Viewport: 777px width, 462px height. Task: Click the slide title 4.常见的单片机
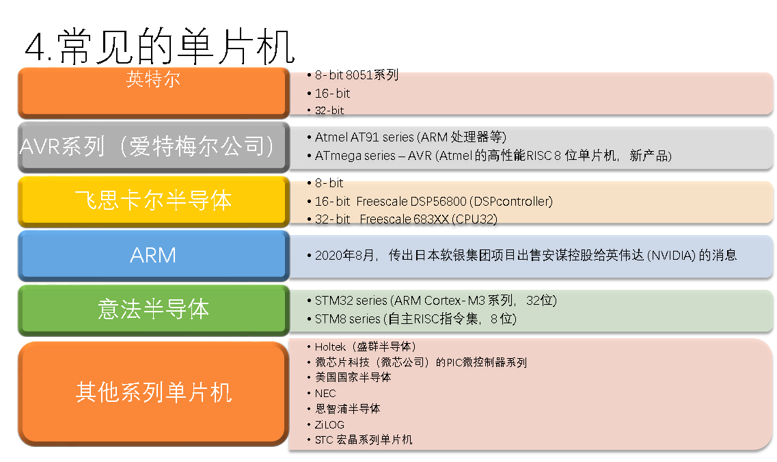[x=159, y=47]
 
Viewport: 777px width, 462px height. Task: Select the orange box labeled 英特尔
[x=154, y=93]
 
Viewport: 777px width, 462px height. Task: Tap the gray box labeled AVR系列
[x=154, y=147]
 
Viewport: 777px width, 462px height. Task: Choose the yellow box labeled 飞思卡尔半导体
[x=154, y=201]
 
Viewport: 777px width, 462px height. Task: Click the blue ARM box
[x=154, y=256]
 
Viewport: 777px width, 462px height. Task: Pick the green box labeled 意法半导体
[x=154, y=310]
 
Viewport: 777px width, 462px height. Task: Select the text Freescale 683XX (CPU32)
[x=428, y=219]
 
